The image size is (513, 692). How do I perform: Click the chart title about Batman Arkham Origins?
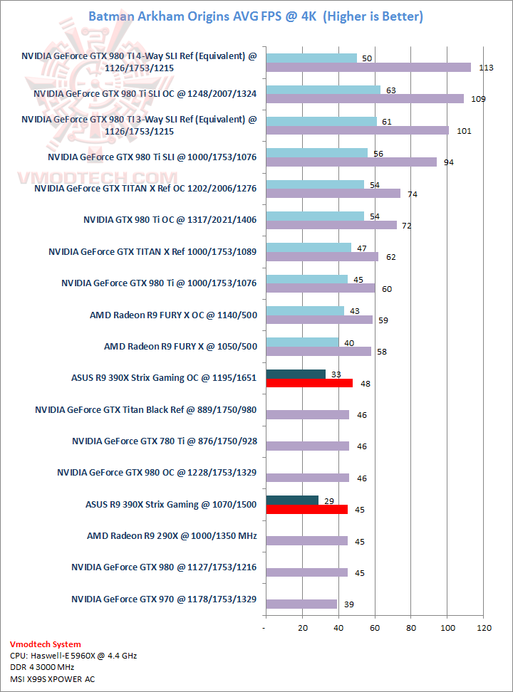255,16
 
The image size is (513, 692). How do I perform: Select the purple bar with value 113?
368,68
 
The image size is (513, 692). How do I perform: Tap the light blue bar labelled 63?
323,90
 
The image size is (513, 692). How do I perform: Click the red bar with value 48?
309,383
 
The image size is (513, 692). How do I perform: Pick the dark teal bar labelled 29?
291,500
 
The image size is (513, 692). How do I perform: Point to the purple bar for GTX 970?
301,604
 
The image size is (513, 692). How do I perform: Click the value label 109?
478,99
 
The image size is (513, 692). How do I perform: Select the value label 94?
449,162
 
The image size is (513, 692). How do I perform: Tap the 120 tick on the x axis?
484,628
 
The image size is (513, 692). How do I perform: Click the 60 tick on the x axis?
375,628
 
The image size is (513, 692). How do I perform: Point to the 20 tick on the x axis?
301,628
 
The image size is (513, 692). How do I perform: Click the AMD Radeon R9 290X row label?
172,535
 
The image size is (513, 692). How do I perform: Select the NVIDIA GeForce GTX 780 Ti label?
164,441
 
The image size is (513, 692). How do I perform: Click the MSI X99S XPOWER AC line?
52,678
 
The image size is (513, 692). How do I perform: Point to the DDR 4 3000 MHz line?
43,667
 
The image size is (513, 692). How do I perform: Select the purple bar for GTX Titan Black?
307,414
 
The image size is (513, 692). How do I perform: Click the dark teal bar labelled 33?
295,374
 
